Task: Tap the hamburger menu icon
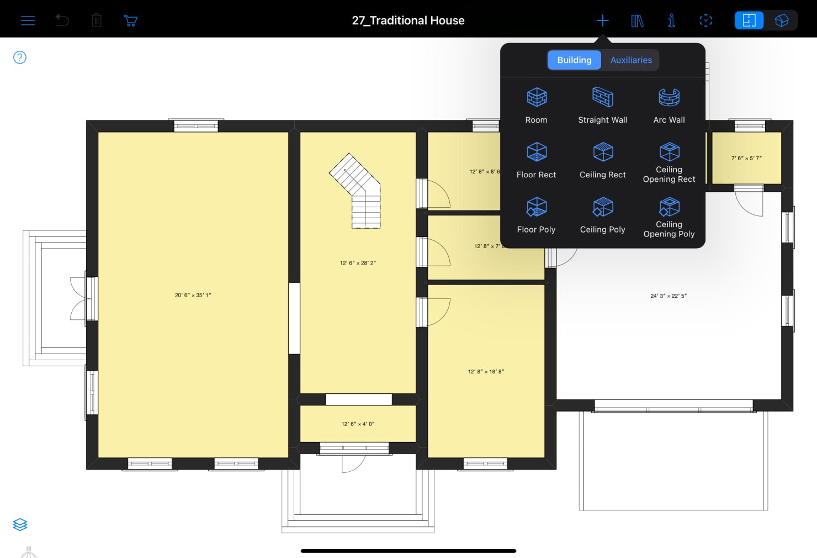[x=28, y=20]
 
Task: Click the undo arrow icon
[x=62, y=20]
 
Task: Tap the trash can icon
[x=97, y=20]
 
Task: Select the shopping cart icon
[x=130, y=20]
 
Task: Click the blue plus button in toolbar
[x=602, y=20]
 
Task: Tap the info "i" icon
[x=671, y=20]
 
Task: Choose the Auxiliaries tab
[x=631, y=60]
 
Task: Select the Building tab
[x=574, y=60]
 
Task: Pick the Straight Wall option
[x=602, y=105]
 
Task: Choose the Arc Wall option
[x=669, y=105]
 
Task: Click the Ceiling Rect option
[x=602, y=160]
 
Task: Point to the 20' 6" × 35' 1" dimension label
[x=193, y=295]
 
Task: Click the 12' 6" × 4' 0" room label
[x=358, y=424]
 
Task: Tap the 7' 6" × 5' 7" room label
[x=746, y=158]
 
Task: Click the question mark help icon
[x=20, y=57]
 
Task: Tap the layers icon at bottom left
[x=20, y=524]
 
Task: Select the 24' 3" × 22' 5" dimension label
[x=669, y=296]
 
